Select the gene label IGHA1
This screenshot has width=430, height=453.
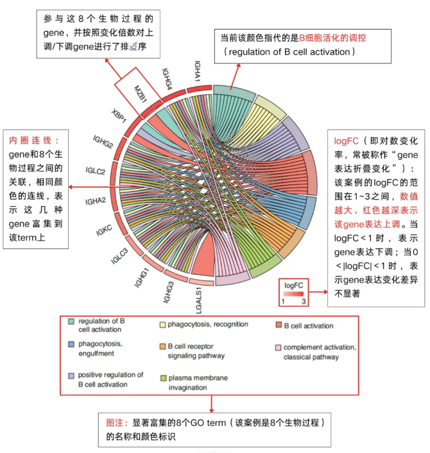(200, 70)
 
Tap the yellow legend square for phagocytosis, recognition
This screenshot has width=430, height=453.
(162, 325)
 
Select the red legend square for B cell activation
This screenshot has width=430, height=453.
(278, 325)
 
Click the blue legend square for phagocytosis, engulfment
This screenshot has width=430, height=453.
(71, 345)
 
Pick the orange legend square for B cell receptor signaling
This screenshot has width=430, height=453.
(162, 346)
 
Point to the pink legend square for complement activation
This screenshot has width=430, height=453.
(278, 348)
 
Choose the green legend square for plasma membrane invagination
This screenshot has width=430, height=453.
(162, 379)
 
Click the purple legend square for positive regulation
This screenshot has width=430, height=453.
(71, 375)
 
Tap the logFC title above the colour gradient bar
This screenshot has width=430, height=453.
(293, 284)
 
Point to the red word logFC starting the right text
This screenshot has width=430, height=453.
(347, 141)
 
